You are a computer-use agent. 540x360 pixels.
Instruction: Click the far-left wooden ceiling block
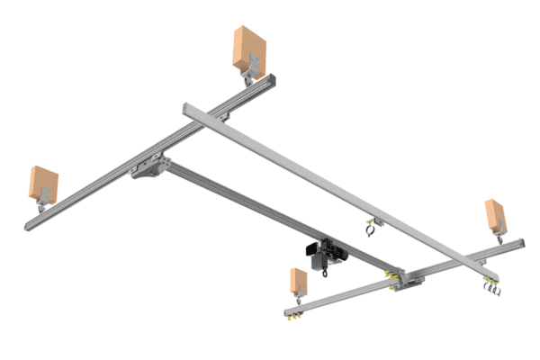coord(42,184)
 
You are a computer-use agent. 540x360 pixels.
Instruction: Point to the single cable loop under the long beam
coord(370,231)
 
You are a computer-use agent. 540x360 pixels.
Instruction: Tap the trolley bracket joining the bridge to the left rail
coord(151,168)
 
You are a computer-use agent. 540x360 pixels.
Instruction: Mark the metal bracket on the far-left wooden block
coord(40,206)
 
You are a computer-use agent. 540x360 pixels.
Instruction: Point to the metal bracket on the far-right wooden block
coord(496,233)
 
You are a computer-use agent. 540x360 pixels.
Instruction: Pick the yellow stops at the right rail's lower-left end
coord(290,314)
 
